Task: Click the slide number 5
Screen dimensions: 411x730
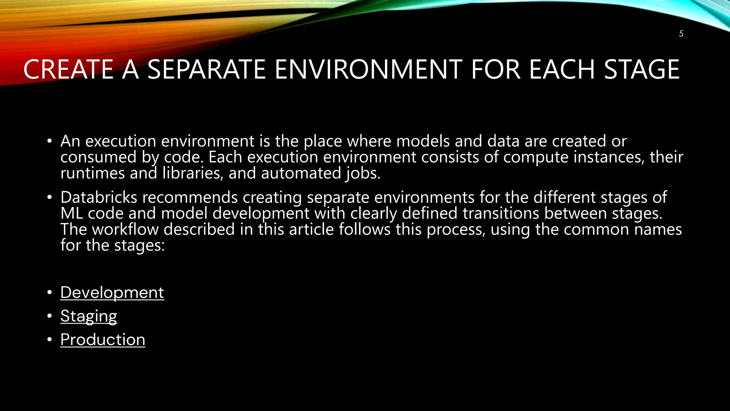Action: click(681, 34)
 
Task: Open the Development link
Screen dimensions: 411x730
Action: click(112, 293)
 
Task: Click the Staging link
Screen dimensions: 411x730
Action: click(88, 316)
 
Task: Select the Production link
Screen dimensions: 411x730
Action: click(103, 340)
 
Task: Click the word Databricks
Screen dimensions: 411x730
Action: click(99, 197)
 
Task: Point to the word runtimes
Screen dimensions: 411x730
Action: click(92, 173)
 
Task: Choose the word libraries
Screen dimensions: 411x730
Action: click(193, 173)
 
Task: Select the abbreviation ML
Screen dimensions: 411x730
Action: click(72, 213)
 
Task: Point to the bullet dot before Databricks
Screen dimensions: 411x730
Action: click(50, 197)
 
